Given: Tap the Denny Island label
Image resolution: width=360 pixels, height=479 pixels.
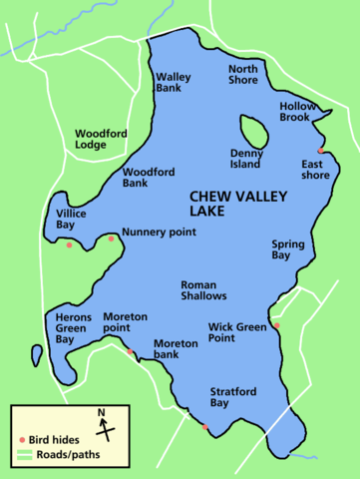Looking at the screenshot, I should point(246,159).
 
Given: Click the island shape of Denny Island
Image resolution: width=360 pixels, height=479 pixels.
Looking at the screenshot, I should point(251,131).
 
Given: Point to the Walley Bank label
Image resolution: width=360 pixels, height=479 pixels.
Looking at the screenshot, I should point(174,82).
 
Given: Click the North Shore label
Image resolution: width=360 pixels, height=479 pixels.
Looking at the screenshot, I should point(243,75).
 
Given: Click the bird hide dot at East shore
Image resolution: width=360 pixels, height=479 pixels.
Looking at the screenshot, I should point(320,152).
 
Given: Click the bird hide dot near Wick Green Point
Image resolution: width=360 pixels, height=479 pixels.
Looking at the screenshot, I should point(277,325).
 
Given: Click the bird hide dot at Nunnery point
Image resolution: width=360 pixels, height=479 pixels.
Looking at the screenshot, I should point(111,238).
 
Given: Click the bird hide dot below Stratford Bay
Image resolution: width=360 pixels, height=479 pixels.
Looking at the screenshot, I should point(205,427).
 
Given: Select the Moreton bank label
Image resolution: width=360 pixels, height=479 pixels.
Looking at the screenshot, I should point(176,348).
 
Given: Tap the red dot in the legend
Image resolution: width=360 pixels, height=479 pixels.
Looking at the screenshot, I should point(23,440).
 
